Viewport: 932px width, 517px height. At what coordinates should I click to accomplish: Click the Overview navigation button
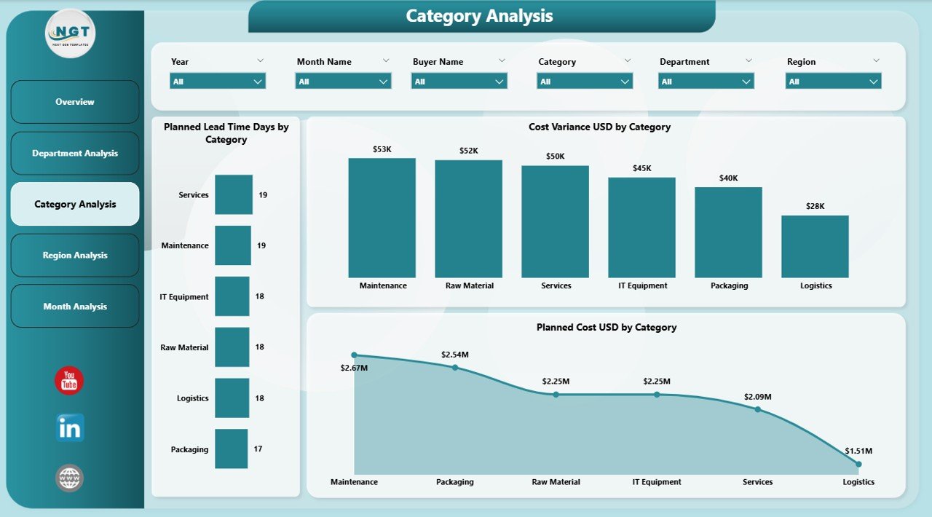(x=75, y=102)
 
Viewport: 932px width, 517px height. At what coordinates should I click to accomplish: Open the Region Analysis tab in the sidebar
(x=75, y=256)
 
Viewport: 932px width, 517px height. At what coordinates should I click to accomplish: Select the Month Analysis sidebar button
(x=75, y=307)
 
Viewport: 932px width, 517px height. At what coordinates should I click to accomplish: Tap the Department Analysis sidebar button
(x=75, y=154)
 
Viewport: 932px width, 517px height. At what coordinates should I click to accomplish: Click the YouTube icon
(x=69, y=381)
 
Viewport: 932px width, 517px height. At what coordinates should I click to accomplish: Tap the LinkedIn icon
(x=70, y=428)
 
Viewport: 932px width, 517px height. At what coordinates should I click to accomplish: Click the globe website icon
(x=70, y=478)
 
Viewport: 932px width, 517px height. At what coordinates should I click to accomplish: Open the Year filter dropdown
(x=218, y=82)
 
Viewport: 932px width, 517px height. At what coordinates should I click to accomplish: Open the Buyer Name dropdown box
(x=459, y=82)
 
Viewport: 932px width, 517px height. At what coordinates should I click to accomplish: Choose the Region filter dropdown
(x=833, y=82)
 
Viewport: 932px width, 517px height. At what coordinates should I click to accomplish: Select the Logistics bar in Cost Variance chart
(x=815, y=246)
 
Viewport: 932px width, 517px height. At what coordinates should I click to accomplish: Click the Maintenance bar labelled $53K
(x=382, y=218)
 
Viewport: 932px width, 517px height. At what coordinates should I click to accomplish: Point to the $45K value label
(x=642, y=168)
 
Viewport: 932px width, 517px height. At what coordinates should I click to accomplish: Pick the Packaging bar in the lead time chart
(x=232, y=449)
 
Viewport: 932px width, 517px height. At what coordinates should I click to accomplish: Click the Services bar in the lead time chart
(x=234, y=194)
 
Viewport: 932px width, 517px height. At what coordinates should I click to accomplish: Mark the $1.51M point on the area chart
(x=858, y=464)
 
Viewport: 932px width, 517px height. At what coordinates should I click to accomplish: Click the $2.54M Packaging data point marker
(x=455, y=367)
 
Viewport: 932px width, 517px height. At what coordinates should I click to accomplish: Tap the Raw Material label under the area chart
(x=556, y=482)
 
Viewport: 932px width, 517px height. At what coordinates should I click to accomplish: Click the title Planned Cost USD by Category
(x=607, y=328)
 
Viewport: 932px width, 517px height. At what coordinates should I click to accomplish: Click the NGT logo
(x=70, y=33)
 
